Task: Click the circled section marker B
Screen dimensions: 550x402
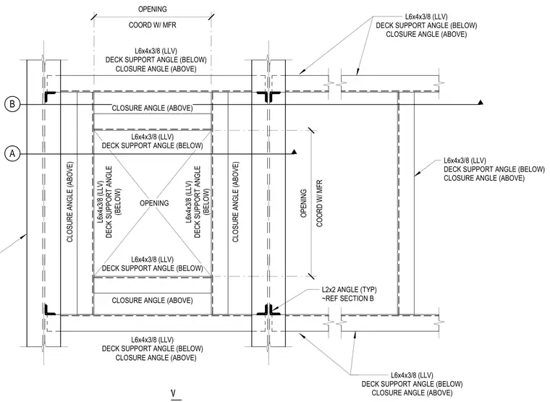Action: point(12,104)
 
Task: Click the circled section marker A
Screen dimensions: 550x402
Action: point(12,153)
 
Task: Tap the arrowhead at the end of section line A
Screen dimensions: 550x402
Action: point(295,152)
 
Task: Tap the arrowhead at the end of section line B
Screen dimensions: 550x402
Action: point(481,103)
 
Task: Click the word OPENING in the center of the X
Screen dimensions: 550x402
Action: point(154,203)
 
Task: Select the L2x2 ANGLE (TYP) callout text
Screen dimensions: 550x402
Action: point(350,290)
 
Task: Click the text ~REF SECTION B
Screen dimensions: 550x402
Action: point(347,299)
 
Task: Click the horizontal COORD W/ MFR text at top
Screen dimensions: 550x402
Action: point(153,25)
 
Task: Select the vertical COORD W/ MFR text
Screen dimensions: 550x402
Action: point(320,204)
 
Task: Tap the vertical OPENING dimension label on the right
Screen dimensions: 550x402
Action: point(304,203)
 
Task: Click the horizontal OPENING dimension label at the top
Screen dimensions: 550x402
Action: point(153,9)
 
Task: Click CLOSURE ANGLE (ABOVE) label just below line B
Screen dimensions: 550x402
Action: point(152,108)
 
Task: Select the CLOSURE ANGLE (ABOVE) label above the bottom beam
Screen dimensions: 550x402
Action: point(152,301)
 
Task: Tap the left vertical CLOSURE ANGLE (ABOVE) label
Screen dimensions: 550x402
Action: point(69,202)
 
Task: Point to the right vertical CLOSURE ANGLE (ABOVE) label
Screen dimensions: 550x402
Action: point(235,202)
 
